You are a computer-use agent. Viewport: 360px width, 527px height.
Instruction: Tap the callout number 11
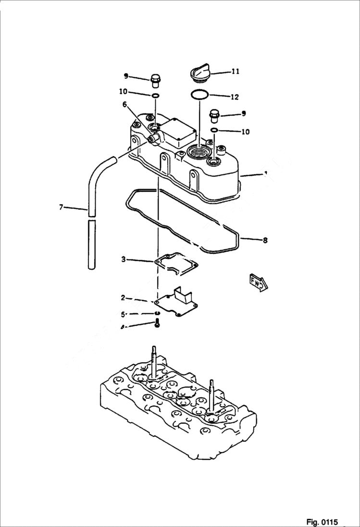[x=236, y=72]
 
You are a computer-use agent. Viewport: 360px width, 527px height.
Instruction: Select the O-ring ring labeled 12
[x=199, y=95]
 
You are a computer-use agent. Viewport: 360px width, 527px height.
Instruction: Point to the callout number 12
[x=235, y=97]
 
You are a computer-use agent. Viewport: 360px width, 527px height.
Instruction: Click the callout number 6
[x=124, y=104]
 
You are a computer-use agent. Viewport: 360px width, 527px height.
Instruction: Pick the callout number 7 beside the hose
[x=61, y=207]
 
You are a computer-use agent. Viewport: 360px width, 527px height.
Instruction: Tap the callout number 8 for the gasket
[x=265, y=241]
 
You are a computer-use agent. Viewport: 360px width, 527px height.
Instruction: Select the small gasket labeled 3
[x=176, y=263]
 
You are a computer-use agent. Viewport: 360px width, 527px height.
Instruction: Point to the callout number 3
[x=124, y=259]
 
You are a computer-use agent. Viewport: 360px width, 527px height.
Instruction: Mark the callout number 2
[x=123, y=298]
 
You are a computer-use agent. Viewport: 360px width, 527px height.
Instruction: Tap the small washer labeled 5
[x=157, y=314]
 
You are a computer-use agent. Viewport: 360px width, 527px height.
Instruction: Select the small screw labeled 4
[x=157, y=325]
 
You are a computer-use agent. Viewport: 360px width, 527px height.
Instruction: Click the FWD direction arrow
[x=259, y=282]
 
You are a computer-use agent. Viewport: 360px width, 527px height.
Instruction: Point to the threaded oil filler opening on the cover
[x=199, y=153]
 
